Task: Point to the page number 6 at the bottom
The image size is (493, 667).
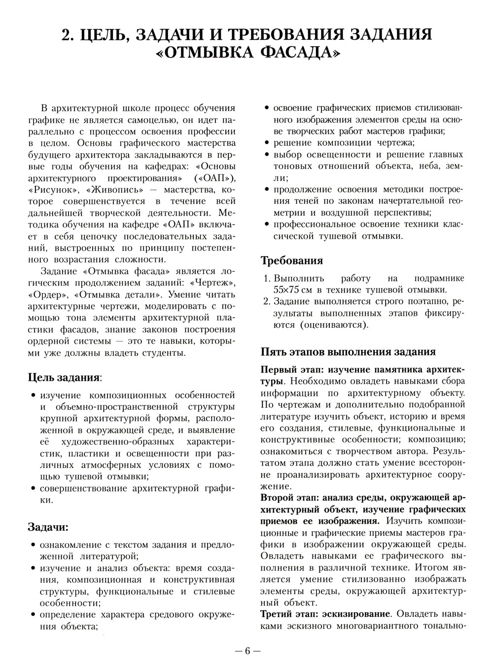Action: [247, 650]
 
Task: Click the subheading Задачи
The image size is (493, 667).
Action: [48, 527]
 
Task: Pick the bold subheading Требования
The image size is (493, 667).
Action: [291, 261]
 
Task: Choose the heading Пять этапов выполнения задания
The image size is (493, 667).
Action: [348, 352]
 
